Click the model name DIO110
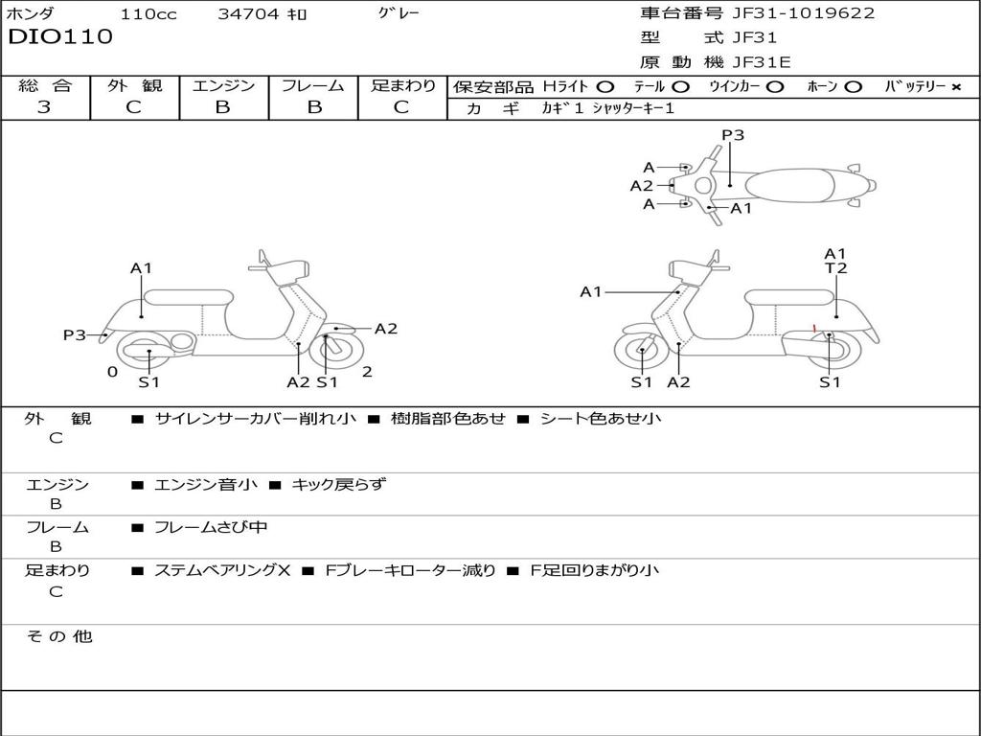coord(60,37)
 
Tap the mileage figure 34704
coord(247,14)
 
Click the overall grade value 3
coord(44,107)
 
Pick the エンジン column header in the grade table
coord(223,85)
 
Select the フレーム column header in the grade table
coord(313,85)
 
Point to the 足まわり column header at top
coord(403,85)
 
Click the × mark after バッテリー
coord(955,86)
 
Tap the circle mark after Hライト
coord(605,86)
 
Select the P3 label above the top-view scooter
coord(733,135)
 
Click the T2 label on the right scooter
coord(836,268)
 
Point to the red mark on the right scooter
coord(814,329)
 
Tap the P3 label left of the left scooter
coord(75,334)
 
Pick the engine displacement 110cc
coord(148,14)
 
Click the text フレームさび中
coord(211,527)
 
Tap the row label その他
coord(58,636)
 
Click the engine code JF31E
coord(762,62)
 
